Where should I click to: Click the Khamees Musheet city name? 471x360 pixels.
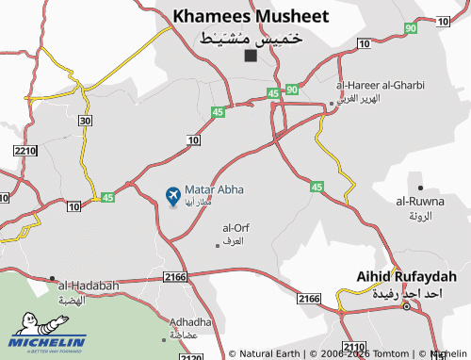(250, 16)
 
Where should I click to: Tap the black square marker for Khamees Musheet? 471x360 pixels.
(250, 56)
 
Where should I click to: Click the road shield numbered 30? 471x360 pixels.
(86, 120)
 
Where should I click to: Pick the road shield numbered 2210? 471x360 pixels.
(24, 150)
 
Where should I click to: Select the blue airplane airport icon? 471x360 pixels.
(173, 196)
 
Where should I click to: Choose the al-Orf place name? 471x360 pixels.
(235, 228)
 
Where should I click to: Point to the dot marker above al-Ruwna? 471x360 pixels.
(420, 188)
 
